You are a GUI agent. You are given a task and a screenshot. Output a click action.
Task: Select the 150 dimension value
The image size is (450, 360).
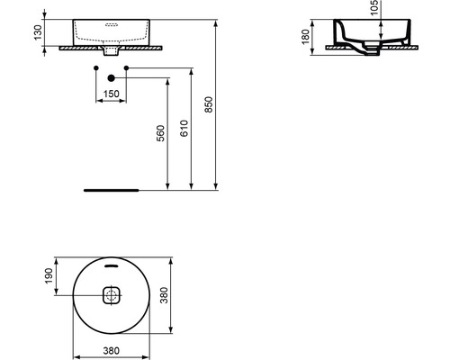(x=112, y=93)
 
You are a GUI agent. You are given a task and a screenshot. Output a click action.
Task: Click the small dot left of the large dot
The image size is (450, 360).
(x=95, y=68)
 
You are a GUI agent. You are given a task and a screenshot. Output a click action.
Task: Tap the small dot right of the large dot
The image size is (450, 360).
(x=127, y=68)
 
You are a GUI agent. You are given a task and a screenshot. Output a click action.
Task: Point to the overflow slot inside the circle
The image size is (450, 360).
(x=112, y=266)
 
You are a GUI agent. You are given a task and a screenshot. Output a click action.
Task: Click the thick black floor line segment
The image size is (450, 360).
(x=111, y=191)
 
